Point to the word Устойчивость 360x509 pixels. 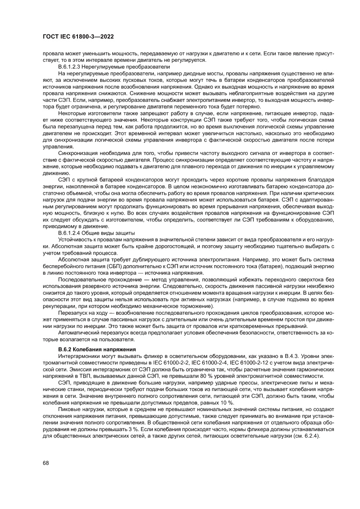[76, 240]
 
